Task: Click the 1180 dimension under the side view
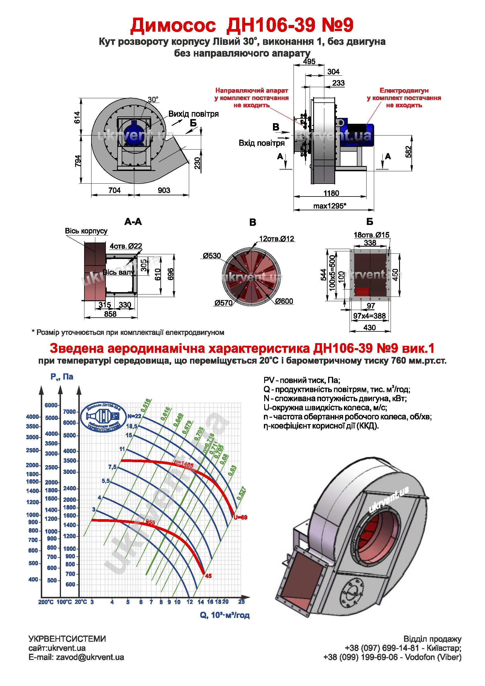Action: [x=331, y=193]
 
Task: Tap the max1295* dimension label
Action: [x=329, y=206]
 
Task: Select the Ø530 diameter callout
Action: [x=212, y=256]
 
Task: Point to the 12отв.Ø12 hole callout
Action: [x=277, y=239]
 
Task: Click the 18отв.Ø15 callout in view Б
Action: [x=371, y=235]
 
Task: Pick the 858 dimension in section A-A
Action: [x=110, y=314]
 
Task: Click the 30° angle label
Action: [x=153, y=99]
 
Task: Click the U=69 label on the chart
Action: [x=240, y=517]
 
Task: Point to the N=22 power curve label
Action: [x=134, y=416]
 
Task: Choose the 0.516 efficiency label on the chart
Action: [x=146, y=405]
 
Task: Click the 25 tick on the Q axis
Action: [x=241, y=602]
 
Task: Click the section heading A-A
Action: [x=133, y=222]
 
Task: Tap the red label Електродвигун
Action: [x=404, y=90]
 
